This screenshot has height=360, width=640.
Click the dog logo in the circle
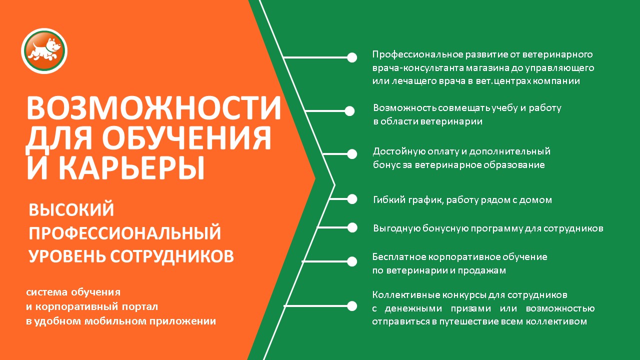(x=44, y=51)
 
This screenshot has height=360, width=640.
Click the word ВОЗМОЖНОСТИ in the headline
(x=154, y=108)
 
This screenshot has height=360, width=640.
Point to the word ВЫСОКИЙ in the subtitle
(x=71, y=209)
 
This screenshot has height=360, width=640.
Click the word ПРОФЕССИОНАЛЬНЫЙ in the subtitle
(x=125, y=233)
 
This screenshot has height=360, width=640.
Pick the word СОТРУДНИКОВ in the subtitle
(x=172, y=255)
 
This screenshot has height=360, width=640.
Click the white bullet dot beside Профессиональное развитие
(x=352, y=57)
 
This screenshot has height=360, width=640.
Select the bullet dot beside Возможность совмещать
(x=349, y=111)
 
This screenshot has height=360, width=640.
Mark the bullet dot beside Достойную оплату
(x=352, y=154)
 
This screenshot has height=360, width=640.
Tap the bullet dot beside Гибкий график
(x=352, y=199)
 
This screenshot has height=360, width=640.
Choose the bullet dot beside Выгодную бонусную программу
(x=352, y=227)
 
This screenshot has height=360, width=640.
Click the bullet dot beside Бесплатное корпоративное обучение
(x=352, y=261)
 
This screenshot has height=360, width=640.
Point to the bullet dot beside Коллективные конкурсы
(x=352, y=306)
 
